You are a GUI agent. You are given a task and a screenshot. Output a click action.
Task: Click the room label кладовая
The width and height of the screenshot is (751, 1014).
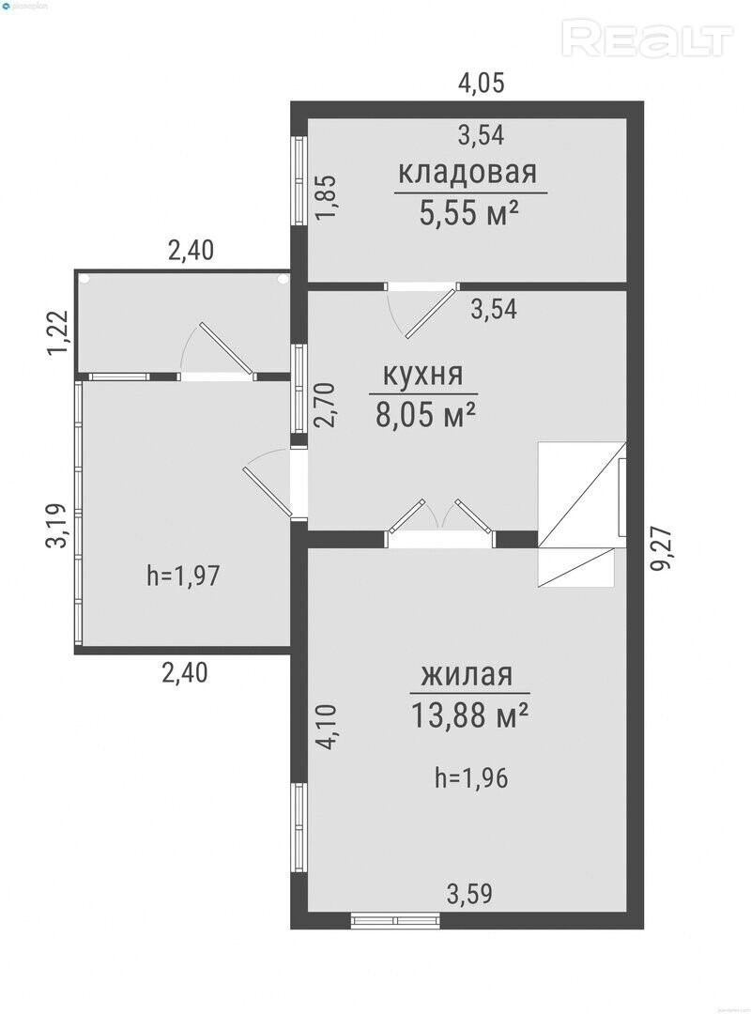tap(467, 174)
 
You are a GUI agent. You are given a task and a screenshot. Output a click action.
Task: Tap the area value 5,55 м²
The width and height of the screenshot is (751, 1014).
tap(469, 212)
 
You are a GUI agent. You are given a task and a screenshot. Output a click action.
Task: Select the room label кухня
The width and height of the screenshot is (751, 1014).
tap(423, 375)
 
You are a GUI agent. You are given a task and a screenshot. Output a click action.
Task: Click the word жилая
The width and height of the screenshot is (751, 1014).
tap(467, 674)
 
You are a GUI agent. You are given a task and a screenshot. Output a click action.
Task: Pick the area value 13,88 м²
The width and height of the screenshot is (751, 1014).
tap(469, 715)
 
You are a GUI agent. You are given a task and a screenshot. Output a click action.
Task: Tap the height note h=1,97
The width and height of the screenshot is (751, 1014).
tap(184, 575)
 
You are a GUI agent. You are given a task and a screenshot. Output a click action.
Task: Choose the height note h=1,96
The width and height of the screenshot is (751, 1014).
tap(471, 778)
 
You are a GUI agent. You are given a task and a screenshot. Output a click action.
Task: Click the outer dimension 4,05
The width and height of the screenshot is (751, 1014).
tap(481, 84)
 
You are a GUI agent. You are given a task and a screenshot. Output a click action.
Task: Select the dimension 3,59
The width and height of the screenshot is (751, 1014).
tap(469, 895)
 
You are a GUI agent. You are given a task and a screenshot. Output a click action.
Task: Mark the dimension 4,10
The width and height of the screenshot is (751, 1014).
tap(328, 727)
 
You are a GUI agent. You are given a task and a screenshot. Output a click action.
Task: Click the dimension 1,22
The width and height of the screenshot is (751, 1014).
tap(57, 332)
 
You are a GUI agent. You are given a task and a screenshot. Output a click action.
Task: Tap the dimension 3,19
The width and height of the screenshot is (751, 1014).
tap(57, 525)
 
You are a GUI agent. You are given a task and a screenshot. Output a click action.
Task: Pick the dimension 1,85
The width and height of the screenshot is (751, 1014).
tap(327, 198)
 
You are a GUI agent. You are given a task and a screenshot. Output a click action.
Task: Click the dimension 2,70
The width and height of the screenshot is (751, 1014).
tap(326, 405)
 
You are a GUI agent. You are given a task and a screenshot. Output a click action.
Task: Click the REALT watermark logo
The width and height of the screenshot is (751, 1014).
tap(648, 38)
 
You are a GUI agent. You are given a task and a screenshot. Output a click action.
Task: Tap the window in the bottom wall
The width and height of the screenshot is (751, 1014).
tap(395, 919)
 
